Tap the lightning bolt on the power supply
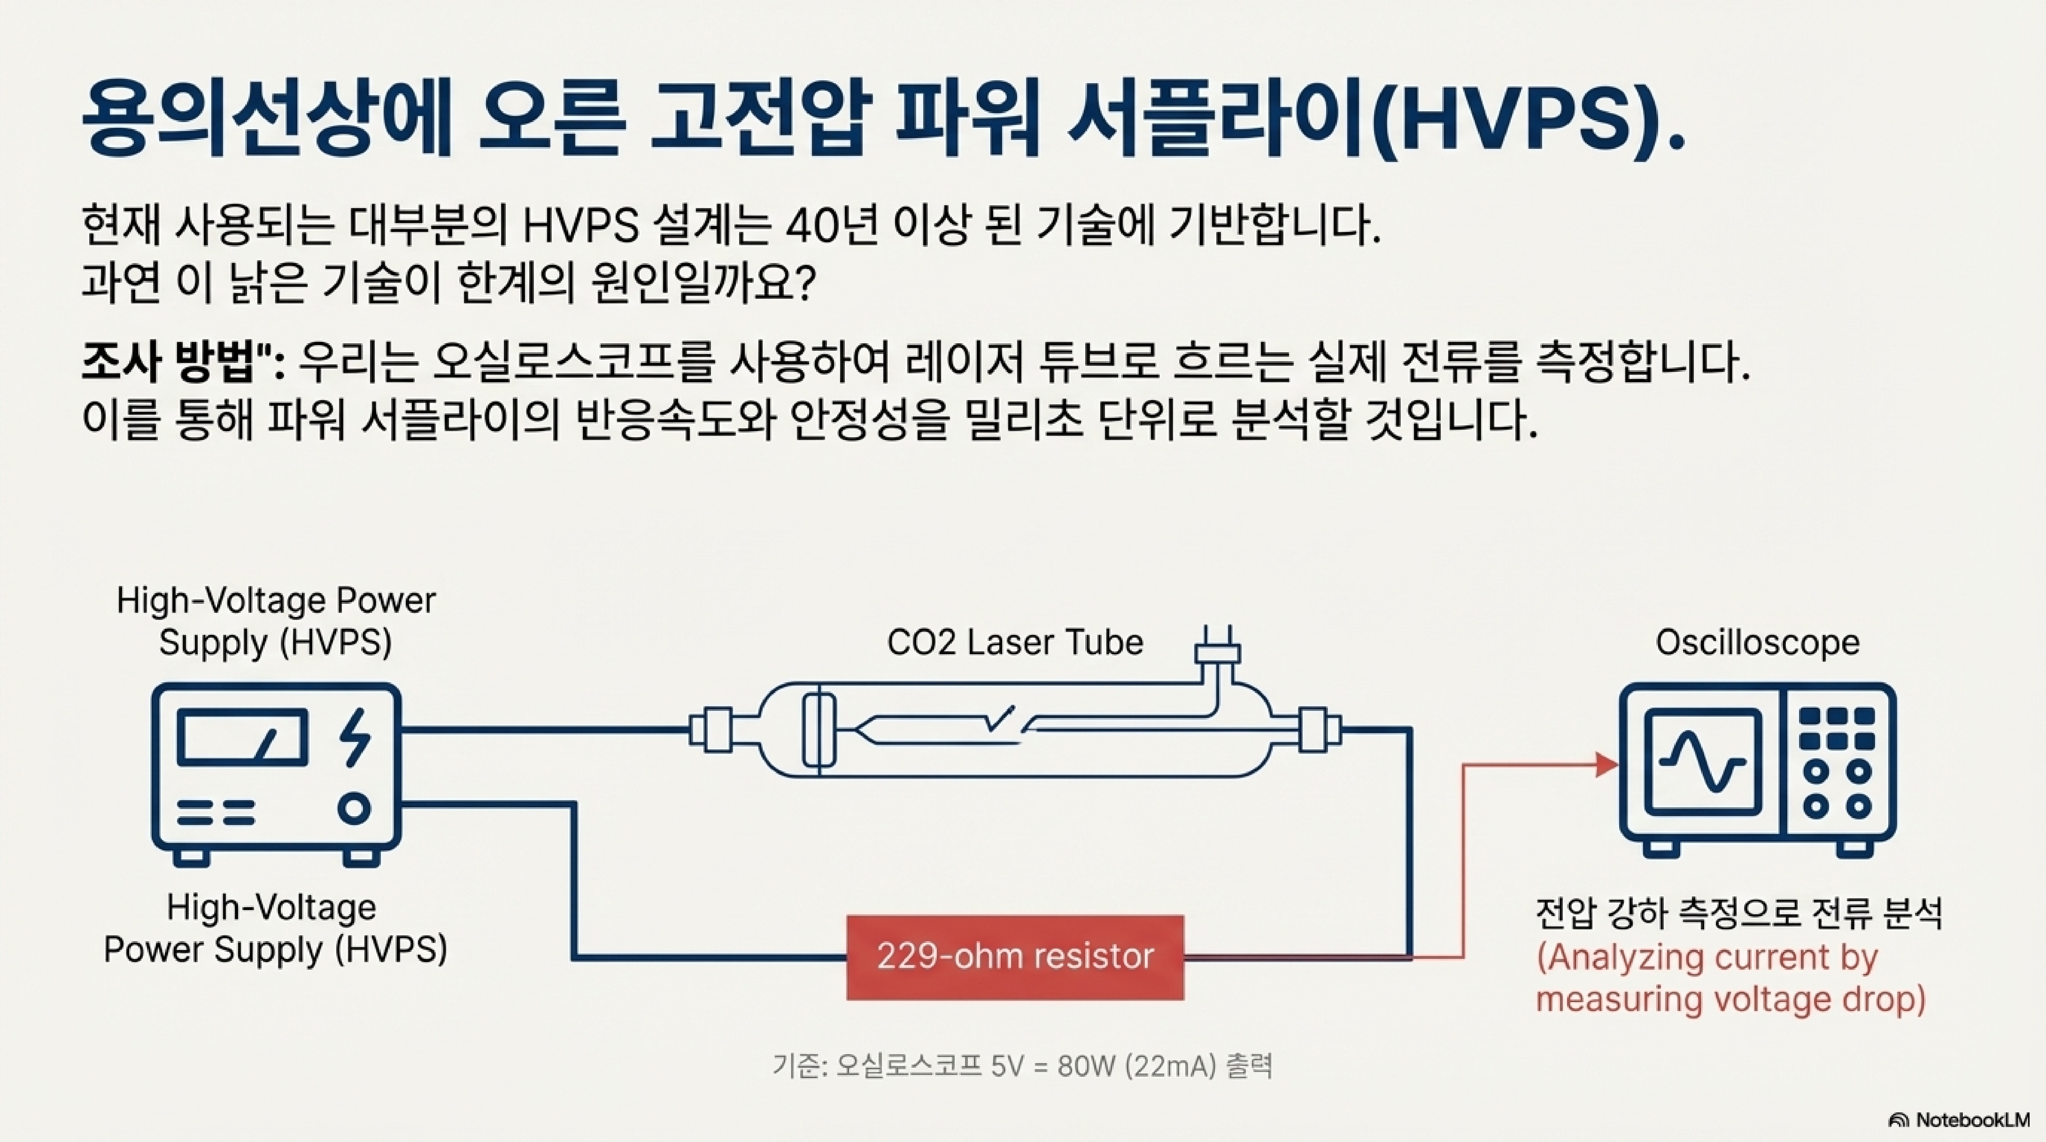point(354,739)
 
